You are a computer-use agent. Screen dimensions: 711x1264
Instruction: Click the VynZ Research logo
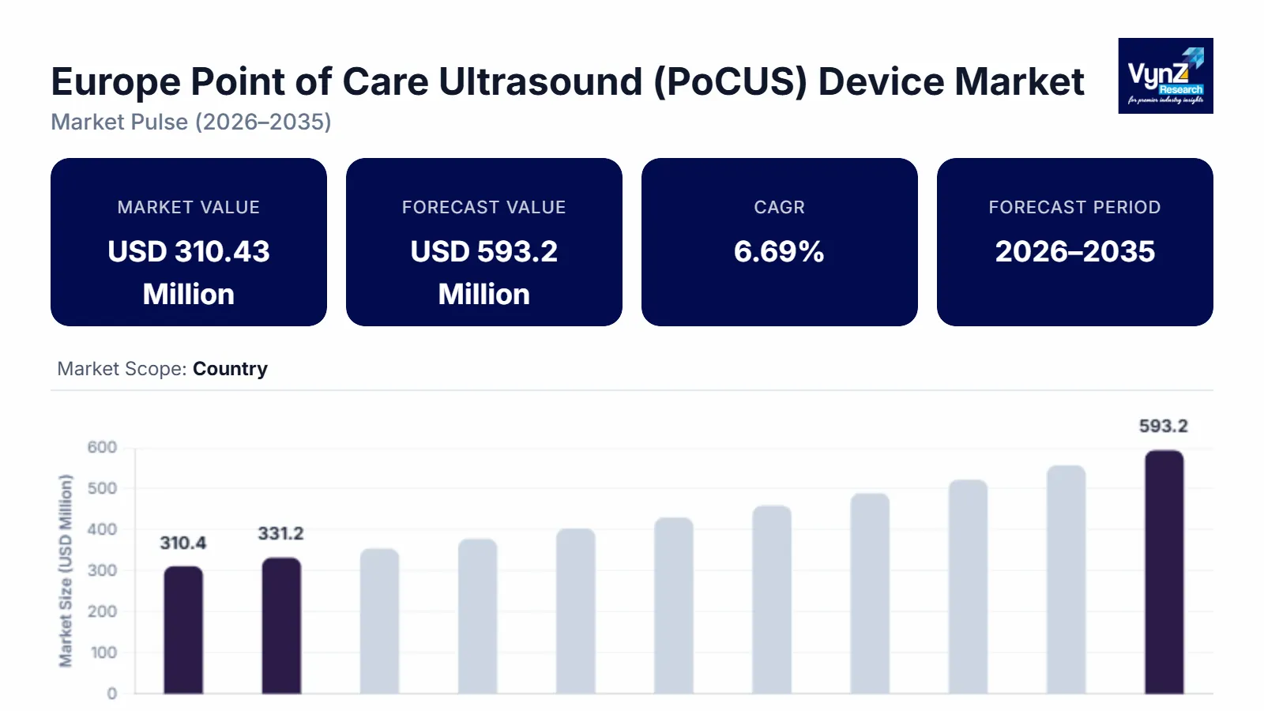pyautogui.click(x=1165, y=76)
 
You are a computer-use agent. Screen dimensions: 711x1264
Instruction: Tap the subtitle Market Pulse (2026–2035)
pyautogui.click(x=191, y=122)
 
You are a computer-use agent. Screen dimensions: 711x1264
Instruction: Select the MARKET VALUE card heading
pyautogui.click(x=189, y=207)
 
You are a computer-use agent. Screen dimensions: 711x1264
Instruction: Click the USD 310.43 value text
pyautogui.click(x=189, y=251)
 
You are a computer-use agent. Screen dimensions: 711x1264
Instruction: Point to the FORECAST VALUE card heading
pyautogui.click(x=483, y=207)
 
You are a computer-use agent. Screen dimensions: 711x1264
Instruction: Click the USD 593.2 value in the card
pyautogui.click(x=483, y=251)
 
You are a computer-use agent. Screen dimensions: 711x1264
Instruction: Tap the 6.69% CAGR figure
pyautogui.click(x=779, y=251)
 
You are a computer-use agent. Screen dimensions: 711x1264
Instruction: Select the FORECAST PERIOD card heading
pyautogui.click(x=1074, y=207)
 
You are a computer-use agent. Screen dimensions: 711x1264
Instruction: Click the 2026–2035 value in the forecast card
pyautogui.click(x=1074, y=251)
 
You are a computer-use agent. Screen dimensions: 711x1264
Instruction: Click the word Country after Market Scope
pyautogui.click(x=230, y=369)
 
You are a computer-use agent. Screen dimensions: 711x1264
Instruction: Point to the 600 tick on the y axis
pyautogui.click(x=102, y=447)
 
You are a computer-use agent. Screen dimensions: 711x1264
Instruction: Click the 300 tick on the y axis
pyautogui.click(x=102, y=570)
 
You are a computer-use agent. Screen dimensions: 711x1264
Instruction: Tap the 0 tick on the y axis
pyautogui.click(x=112, y=694)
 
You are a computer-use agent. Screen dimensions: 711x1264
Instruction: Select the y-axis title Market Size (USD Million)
pyautogui.click(x=66, y=570)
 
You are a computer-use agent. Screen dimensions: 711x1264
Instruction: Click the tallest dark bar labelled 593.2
pyautogui.click(x=1164, y=572)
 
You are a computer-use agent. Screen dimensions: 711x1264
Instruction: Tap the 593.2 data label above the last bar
pyautogui.click(x=1163, y=426)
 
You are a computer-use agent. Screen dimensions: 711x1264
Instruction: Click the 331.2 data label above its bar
pyautogui.click(x=280, y=533)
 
